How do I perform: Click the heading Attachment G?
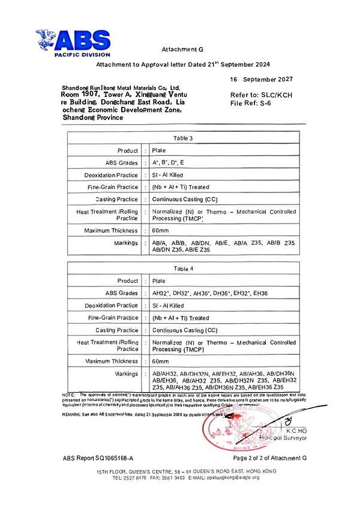[x=179, y=49]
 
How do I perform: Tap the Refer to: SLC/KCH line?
[x=261, y=95]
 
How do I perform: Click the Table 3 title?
[x=183, y=138]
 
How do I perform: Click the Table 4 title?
[x=183, y=269]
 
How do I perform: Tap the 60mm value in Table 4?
[x=161, y=362]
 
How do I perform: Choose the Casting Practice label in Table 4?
[x=116, y=330]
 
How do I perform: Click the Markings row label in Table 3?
[x=125, y=243]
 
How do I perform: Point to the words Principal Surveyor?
[x=282, y=438]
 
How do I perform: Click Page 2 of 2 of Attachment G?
[x=269, y=458]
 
